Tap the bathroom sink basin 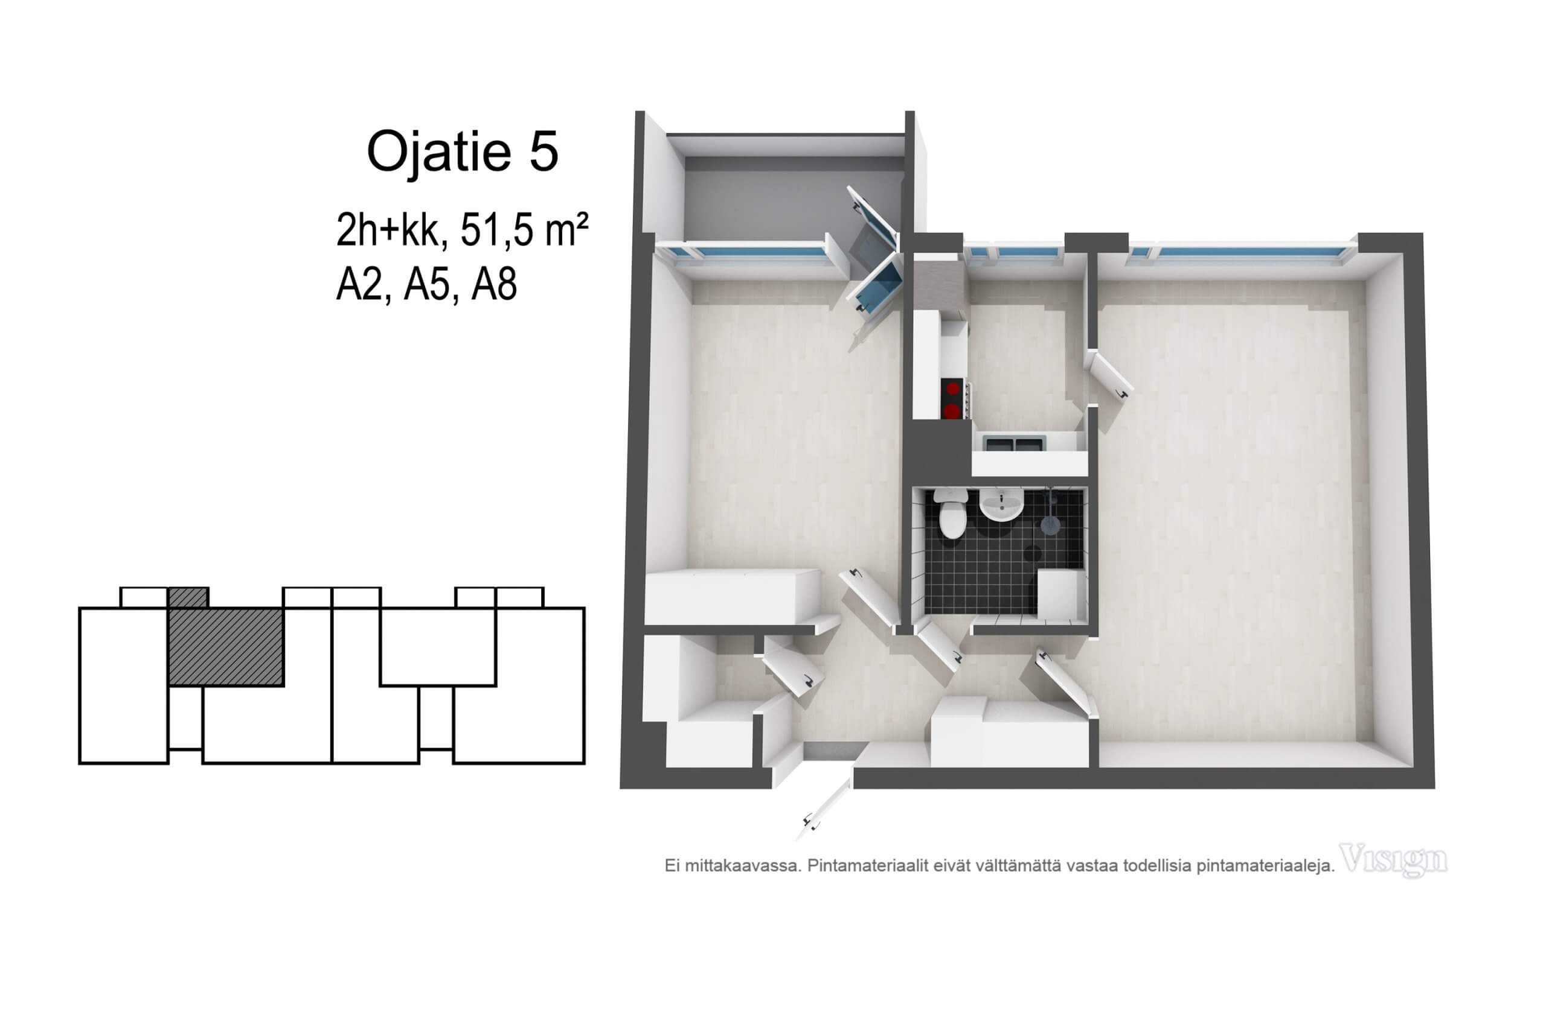[x=1001, y=505]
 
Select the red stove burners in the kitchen [x=951, y=399]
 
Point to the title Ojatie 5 [x=462, y=151]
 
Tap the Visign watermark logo [x=1393, y=860]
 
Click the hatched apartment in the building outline [x=225, y=646]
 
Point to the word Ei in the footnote [x=671, y=866]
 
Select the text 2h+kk [x=388, y=230]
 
